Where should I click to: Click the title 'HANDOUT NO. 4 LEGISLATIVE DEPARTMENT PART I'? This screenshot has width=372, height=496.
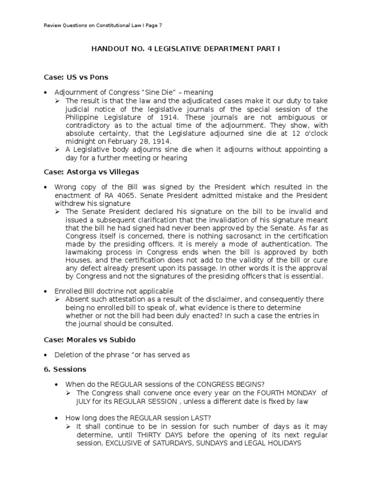coord(186,49)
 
